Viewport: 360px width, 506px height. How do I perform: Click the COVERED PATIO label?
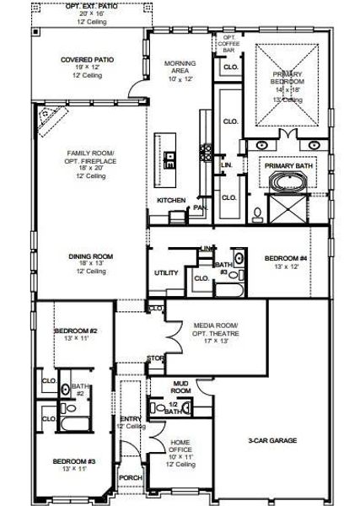tap(88, 60)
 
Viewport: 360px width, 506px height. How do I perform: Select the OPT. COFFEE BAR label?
tap(228, 43)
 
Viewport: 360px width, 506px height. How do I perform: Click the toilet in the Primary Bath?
tap(256, 213)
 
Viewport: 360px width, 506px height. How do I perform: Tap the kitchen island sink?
tap(170, 157)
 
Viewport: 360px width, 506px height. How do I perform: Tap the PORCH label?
tap(131, 476)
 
